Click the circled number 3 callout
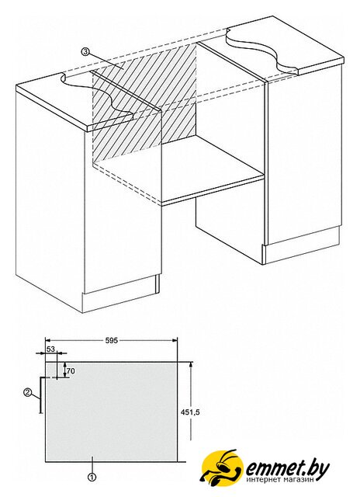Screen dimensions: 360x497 tap(85, 51)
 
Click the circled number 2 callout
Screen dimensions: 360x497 tap(27, 393)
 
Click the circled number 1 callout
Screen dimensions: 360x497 tap(92, 476)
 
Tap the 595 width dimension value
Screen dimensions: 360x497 tap(111, 341)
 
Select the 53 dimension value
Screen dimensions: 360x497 tap(51, 349)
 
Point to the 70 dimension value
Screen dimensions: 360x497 tap(71, 370)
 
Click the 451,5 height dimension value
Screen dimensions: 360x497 tap(191, 412)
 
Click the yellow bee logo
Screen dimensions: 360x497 tap(223, 467)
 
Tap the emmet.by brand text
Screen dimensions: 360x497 tap(287, 467)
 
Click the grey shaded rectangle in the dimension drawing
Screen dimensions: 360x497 tap(111, 412)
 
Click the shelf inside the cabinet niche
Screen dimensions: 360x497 tap(179, 170)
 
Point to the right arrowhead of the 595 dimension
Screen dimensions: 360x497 tap(175, 340)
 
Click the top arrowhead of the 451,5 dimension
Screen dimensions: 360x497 tap(191, 365)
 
